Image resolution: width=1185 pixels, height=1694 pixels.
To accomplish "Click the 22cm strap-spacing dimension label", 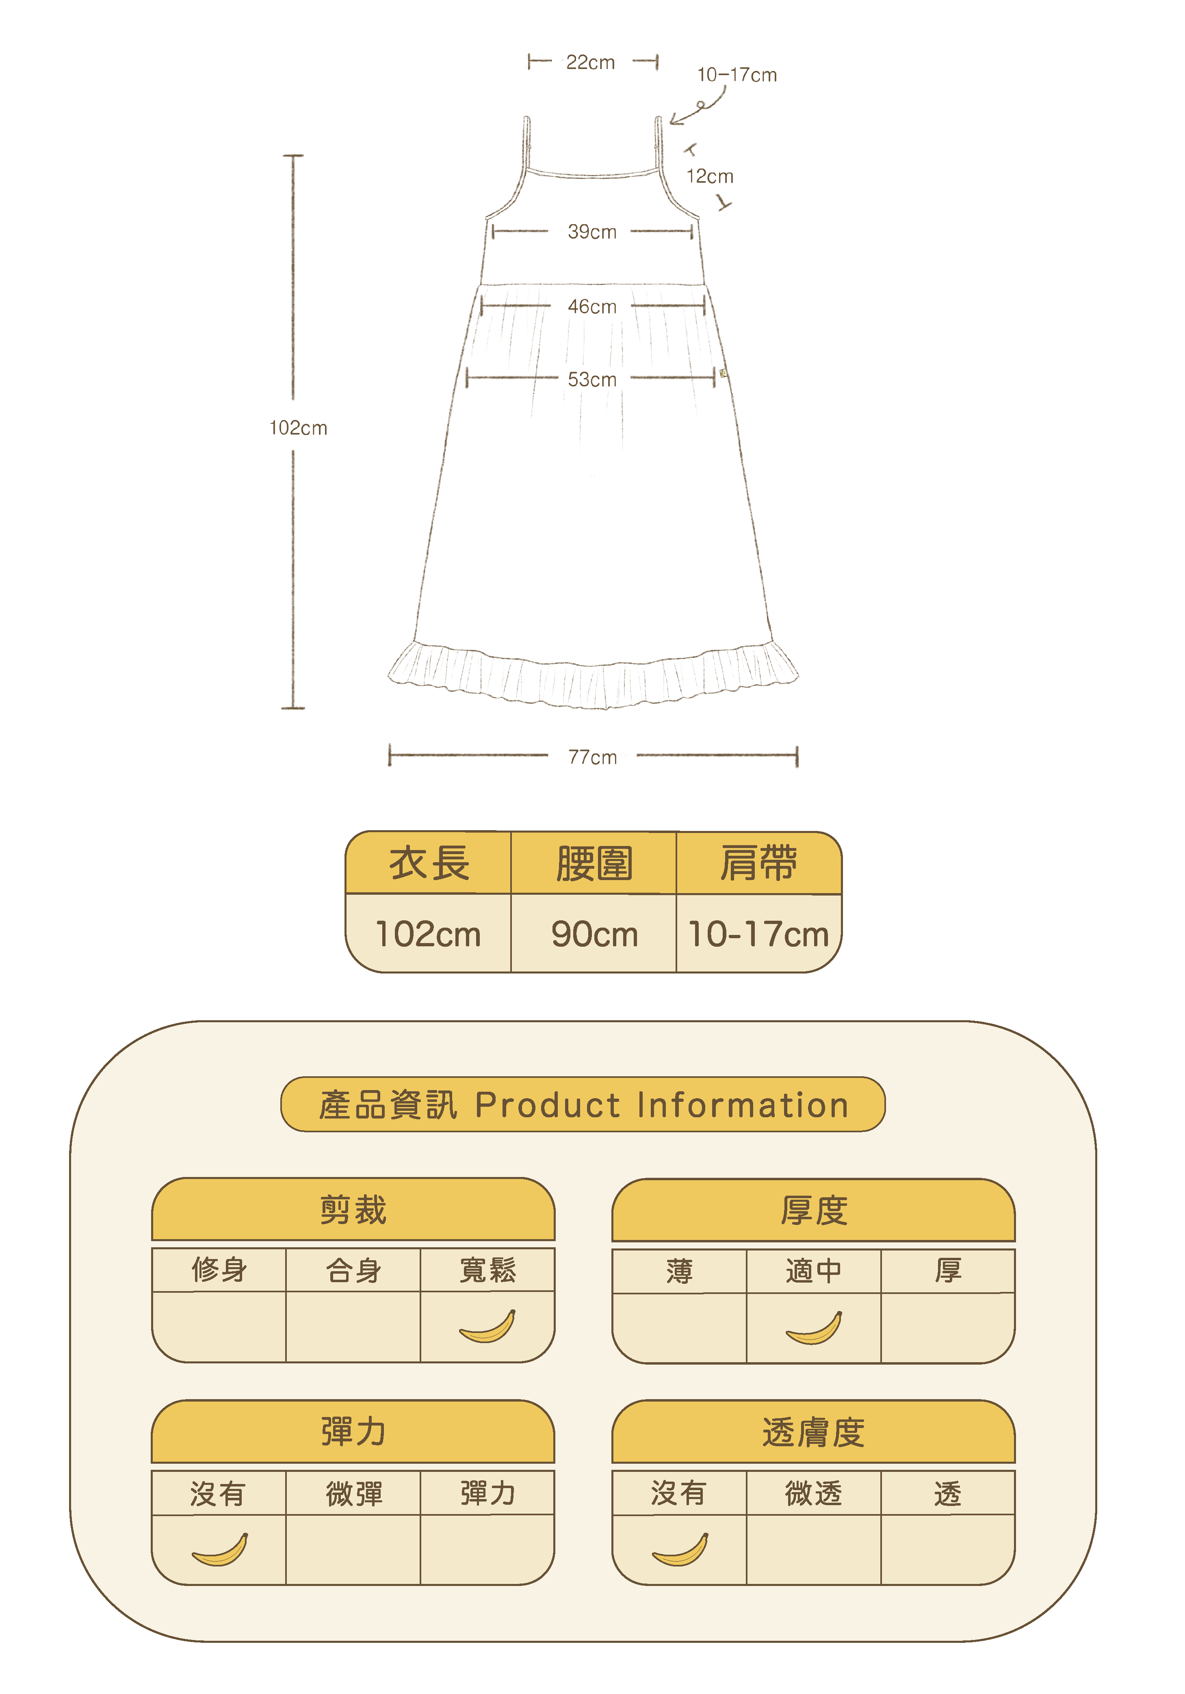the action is click(590, 63).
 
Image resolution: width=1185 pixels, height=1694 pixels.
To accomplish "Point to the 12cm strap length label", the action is click(710, 176).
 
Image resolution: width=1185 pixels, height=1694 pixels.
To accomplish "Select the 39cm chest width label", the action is click(592, 231).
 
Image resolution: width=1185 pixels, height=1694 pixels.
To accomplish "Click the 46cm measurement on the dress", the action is click(592, 306).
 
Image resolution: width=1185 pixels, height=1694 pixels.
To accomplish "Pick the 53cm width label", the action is click(592, 379).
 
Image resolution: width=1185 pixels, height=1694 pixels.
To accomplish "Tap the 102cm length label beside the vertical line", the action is click(298, 428).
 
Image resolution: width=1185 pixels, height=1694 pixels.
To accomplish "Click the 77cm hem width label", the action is click(592, 757).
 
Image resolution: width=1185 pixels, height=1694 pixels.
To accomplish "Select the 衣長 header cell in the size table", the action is click(429, 863).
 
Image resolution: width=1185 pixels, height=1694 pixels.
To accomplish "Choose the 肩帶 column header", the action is click(758, 863).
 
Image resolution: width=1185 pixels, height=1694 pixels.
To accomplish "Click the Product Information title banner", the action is click(583, 1105).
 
